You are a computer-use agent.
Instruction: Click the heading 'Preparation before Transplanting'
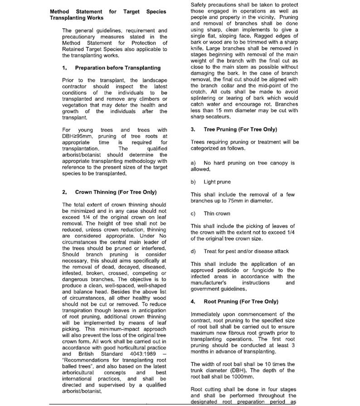117,68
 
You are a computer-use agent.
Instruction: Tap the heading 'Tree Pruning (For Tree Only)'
240,129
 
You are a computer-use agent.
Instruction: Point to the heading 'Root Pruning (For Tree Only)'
241,301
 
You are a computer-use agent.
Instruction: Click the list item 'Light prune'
217,182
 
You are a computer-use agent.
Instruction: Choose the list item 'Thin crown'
217,213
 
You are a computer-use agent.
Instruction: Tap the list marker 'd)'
194,251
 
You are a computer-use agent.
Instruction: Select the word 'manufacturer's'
209,282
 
